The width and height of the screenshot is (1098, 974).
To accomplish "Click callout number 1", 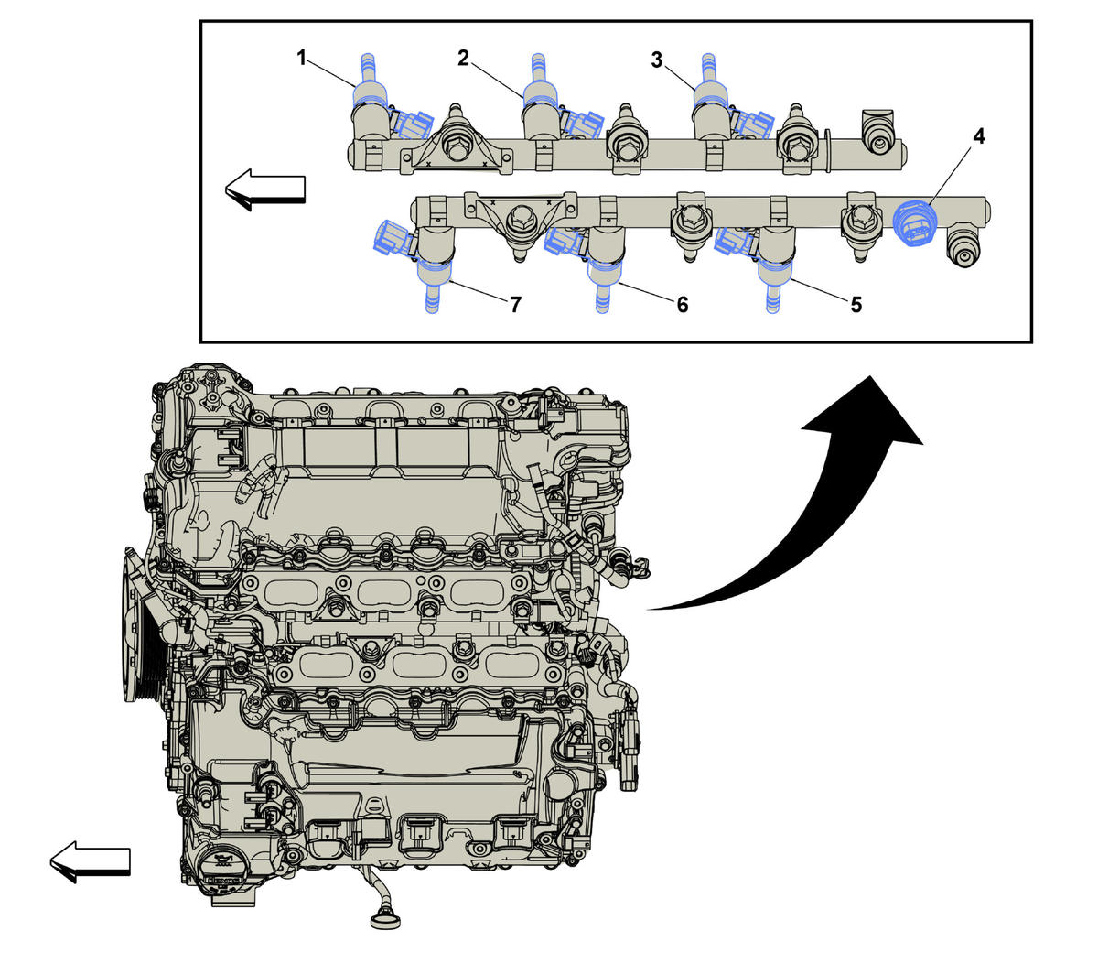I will click(301, 57).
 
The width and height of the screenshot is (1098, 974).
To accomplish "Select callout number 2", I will click(464, 58).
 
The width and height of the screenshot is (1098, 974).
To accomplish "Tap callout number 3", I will click(657, 60).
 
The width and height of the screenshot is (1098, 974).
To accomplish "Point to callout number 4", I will click(978, 137).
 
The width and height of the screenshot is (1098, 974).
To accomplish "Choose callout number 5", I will click(856, 304).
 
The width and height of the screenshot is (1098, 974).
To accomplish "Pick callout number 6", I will click(683, 304).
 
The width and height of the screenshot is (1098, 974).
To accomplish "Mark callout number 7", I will click(515, 305).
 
